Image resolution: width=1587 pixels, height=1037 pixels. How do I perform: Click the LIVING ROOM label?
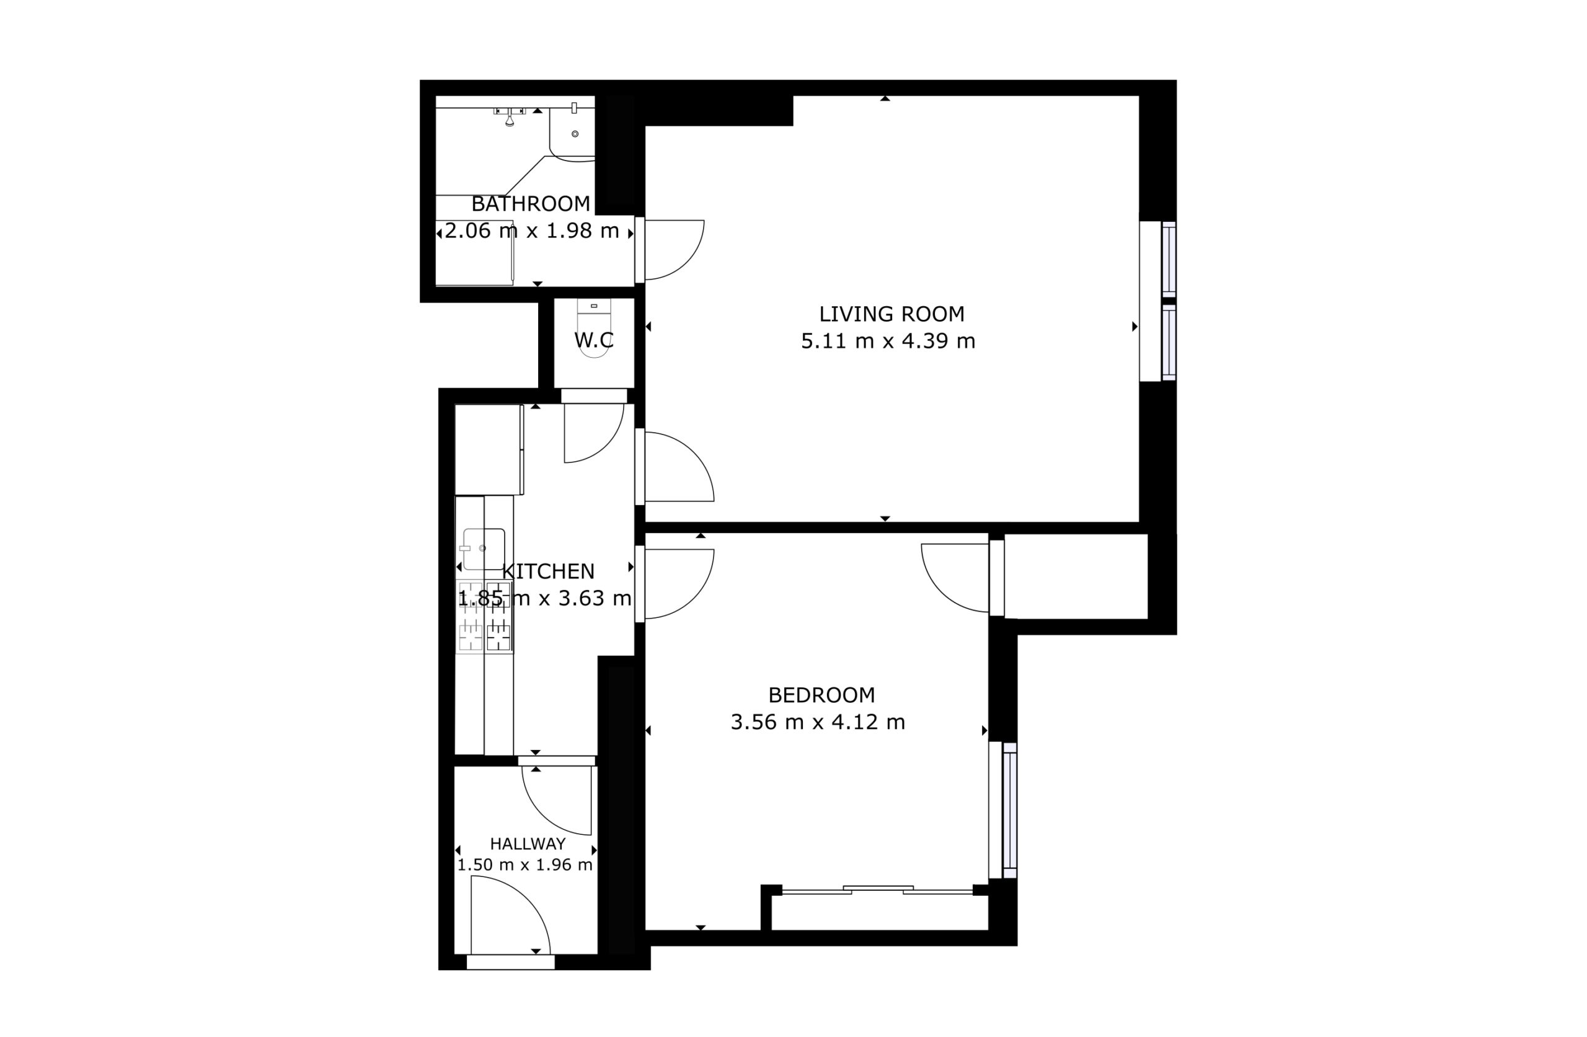891,314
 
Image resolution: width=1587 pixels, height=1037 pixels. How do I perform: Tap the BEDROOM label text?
821,695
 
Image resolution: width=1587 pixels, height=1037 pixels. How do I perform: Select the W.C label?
593,340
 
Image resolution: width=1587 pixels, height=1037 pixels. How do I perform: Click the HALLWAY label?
528,844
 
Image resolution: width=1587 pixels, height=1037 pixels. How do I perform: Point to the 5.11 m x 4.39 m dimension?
888,342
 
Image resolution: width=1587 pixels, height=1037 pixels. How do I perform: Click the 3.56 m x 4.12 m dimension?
818,722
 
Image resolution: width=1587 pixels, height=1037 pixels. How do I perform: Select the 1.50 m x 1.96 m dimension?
525,865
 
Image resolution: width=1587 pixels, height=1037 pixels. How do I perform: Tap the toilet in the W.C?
593,328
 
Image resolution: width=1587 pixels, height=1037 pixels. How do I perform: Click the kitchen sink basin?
484,549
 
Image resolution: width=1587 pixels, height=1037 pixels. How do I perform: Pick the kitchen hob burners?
485,616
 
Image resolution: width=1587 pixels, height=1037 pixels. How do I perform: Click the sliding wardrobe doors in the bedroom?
878,889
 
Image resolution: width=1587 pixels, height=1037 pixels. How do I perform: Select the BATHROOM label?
531,203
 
